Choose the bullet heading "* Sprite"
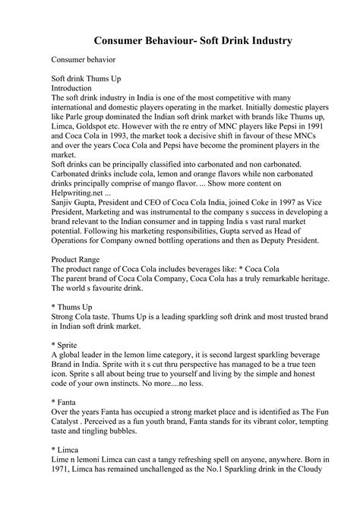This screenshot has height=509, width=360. pos(67,343)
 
